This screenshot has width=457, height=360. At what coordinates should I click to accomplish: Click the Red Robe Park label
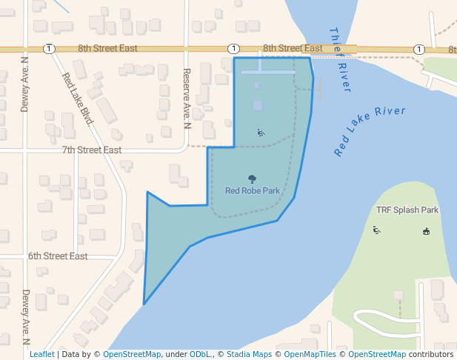coord(253,190)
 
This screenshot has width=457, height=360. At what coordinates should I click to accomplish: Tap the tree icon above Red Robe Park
coord(253,179)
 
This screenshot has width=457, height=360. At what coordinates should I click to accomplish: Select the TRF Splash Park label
coord(407,210)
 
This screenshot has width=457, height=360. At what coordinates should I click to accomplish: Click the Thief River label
coord(338,59)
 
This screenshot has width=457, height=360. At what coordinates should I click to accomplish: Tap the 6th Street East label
coord(58,256)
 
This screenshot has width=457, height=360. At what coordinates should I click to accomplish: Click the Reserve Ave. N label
coord(187,99)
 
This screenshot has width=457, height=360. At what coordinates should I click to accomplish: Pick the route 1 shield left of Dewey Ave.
coord(49,48)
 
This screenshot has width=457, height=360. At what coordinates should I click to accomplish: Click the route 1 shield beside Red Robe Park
coord(233,48)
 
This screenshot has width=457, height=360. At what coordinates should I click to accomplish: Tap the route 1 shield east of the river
coord(419,49)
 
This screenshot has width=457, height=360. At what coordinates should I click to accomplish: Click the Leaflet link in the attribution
coord(41,354)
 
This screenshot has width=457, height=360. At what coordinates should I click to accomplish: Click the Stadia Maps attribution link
coord(247,354)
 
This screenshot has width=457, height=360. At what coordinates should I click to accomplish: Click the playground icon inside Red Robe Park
coord(261,133)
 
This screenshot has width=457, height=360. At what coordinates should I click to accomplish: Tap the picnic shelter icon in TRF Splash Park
coord(426,231)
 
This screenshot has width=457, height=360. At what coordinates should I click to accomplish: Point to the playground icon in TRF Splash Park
coord(377,230)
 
